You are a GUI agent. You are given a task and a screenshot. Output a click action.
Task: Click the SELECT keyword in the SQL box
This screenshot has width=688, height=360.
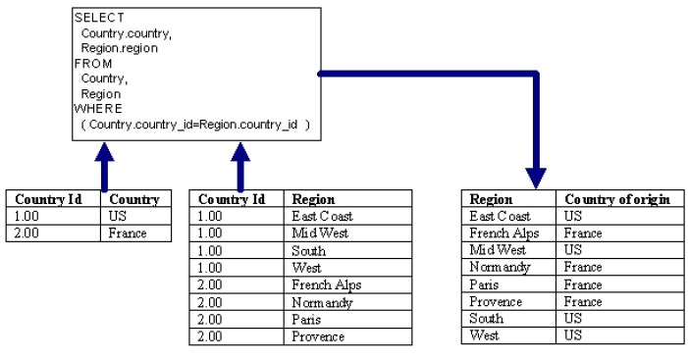click(x=94, y=19)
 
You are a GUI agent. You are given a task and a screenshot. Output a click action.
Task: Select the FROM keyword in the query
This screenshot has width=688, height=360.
click(x=91, y=64)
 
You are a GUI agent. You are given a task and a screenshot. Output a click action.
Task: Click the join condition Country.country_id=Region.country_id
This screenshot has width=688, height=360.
click(x=195, y=125)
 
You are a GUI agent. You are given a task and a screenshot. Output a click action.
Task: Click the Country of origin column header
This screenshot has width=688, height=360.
click(x=617, y=199)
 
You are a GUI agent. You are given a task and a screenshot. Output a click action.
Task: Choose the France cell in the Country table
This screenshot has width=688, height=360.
click(x=127, y=233)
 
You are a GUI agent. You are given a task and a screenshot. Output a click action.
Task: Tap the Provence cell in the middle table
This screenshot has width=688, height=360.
click(x=318, y=336)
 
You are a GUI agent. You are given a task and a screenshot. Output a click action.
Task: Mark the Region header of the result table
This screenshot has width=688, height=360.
click(x=491, y=199)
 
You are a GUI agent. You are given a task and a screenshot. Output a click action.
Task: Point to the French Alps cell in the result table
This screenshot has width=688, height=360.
click(x=503, y=233)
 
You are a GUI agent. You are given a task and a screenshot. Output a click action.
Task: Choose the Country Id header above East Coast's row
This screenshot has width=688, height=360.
click(x=232, y=199)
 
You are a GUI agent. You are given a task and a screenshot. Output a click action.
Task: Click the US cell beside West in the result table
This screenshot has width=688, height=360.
click(x=574, y=335)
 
